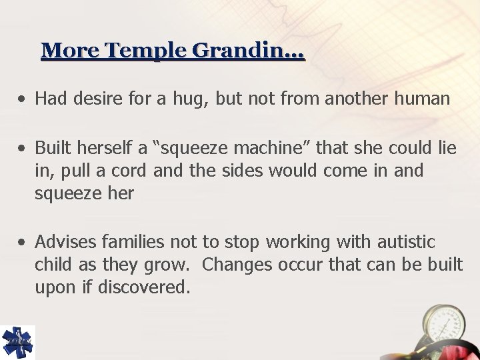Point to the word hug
click(181, 99)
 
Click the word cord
click(129, 171)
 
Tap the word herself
click(117, 147)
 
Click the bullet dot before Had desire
click(23, 100)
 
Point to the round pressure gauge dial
click(442, 327)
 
